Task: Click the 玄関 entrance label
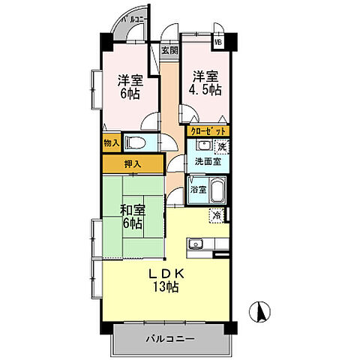[x=169, y=51]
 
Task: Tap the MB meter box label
[x=219, y=43]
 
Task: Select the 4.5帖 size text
[x=205, y=89]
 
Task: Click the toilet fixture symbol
[x=137, y=142]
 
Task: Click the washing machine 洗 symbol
[x=223, y=146]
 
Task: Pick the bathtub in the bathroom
[x=216, y=190]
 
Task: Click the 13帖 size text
[x=166, y=287]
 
